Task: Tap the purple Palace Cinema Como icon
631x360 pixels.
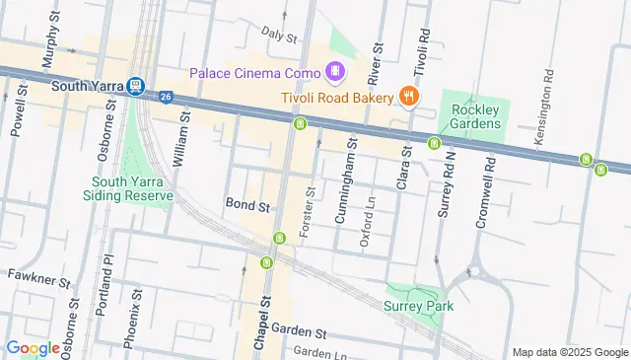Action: tap(336, 71)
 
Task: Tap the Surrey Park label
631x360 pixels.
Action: tap(418, 307)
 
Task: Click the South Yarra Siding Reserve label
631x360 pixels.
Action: tap(132, 188)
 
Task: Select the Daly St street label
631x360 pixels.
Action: tap(279, 36)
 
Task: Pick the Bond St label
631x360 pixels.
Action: tap(247, 207)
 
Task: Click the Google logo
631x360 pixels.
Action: tap(34, 347)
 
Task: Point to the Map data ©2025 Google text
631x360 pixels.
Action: tap(569, 352)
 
